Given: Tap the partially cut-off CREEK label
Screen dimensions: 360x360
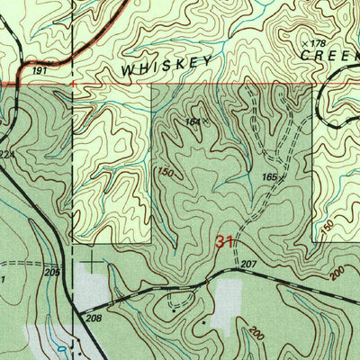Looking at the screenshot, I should (330, 54).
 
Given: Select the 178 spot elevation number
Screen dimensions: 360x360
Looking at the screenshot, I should (316, 42).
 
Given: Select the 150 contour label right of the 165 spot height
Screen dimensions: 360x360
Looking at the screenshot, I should (327, 224).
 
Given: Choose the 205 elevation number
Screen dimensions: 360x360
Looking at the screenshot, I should (51, 273).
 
